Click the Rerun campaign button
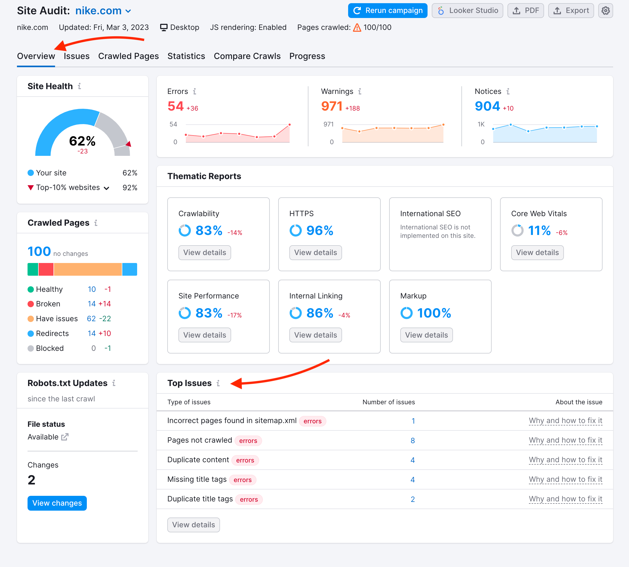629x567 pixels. [388, 11]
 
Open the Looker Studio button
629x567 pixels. [467, 11]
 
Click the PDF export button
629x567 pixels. [525, 11]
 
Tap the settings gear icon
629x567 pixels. [605, 11]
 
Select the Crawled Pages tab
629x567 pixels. [128, 56]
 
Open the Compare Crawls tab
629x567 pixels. [247, 56]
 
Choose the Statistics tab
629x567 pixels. [186, 56]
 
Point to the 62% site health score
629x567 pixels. [82, 141]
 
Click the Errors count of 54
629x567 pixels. [176, 106]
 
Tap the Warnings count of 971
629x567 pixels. [332, 106]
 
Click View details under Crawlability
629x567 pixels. [204, 253]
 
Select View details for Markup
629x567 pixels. [426, 335]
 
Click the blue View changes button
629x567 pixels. [57, 503]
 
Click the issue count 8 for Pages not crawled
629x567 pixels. [412, 441]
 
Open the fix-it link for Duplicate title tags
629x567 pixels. [565, 499]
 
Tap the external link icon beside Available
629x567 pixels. [65, 437]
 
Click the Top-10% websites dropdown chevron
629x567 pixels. [107, 188]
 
